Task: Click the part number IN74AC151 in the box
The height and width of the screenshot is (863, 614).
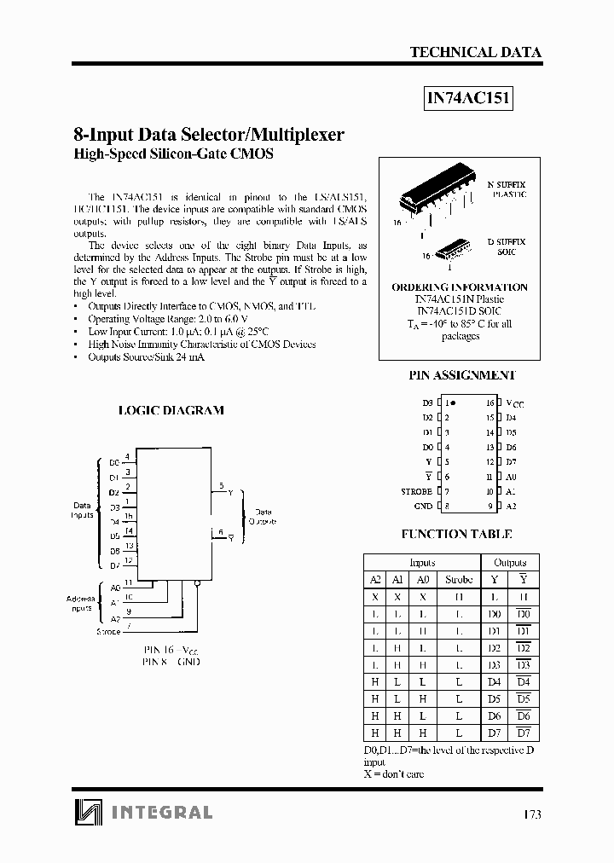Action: (468, 98)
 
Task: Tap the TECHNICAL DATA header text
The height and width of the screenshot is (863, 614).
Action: (475, 52)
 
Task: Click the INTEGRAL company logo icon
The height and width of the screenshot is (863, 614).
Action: (87, 811)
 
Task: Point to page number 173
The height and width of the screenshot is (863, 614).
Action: (531, 814)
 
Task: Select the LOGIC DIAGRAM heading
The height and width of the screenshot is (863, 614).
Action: (171, 410)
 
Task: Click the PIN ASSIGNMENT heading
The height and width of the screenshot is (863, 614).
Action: (462, 375)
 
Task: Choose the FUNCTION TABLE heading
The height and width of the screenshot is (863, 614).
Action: (456, 534)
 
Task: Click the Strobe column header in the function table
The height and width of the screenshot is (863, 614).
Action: (458, 579)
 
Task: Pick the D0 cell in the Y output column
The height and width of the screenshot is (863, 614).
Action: (495, 614)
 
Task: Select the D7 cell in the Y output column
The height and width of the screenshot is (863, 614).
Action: (495, 733)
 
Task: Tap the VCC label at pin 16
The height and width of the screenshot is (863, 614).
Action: (515, 403)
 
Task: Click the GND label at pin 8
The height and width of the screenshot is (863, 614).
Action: (423, 506)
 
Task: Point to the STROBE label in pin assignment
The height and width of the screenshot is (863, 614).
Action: (417, 491)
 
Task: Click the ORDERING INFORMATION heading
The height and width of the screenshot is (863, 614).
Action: (459, 287)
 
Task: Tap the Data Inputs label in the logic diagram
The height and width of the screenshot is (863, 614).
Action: (82, 510)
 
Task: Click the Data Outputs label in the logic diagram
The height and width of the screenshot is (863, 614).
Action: (264, 518)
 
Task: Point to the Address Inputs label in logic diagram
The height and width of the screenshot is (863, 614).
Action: (81, 604)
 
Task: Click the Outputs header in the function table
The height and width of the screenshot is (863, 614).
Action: (510, 562)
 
